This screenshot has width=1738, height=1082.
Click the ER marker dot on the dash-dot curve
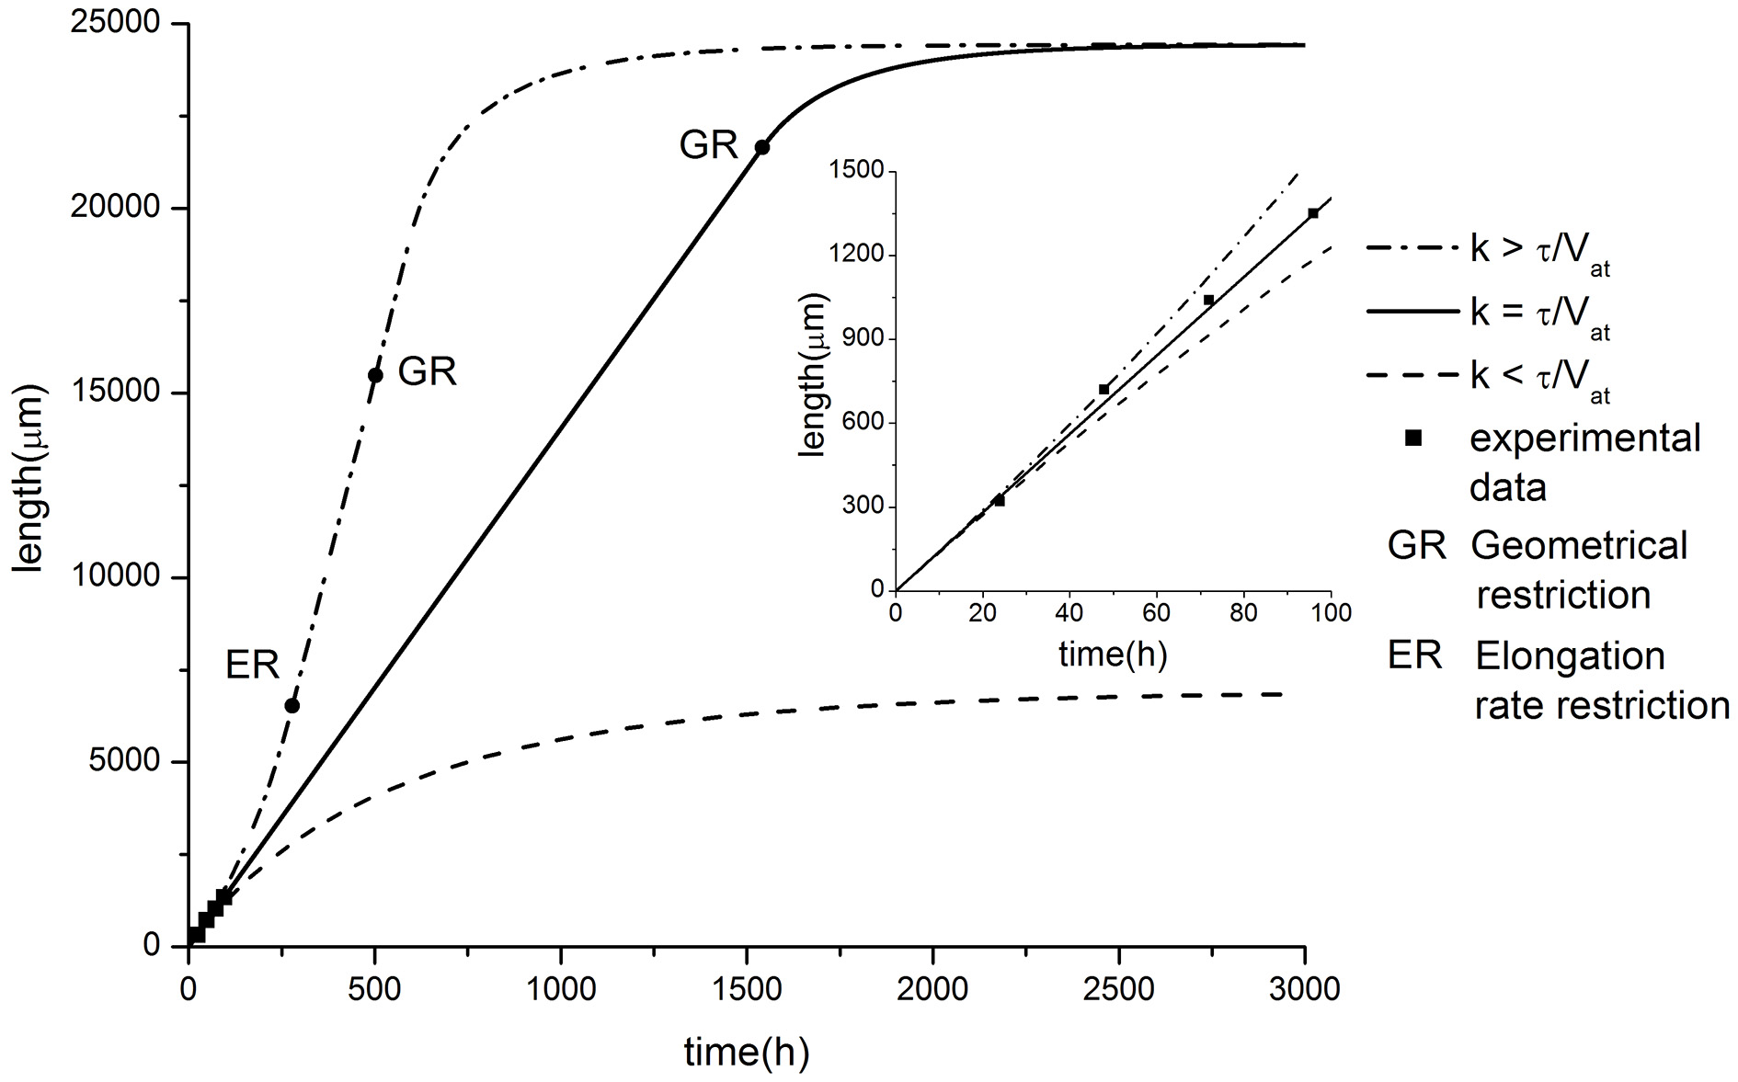coord(292,705)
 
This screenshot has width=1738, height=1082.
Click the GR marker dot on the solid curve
coord(762,147)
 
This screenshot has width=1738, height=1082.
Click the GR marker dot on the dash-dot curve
coord(375,374)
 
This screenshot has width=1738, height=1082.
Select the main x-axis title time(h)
coord(746,1052)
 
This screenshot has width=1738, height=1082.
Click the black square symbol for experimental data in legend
coord(1414,439)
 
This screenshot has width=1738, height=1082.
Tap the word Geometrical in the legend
coord(1579,546)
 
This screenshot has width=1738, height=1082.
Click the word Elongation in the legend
coord(1570,656)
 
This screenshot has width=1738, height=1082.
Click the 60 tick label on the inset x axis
coord(1157,613)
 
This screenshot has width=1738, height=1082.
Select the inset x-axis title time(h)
coord(1113,655)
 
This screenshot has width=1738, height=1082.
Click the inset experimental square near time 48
coord(1104,389)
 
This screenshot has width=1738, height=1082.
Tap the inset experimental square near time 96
coord(1313,213)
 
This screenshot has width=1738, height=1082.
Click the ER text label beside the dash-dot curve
coord(252,665)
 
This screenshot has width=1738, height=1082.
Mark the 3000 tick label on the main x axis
coord(1304,989)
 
